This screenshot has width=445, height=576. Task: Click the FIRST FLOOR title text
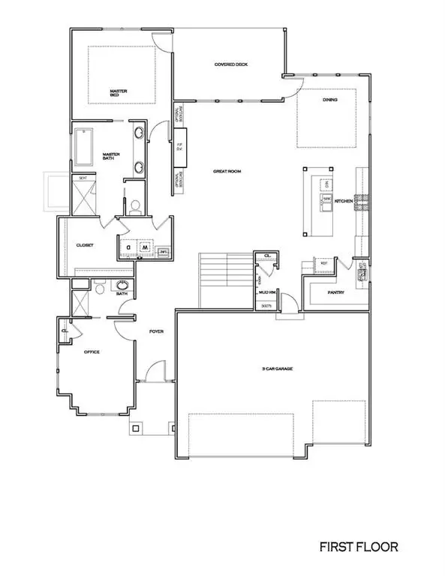(354, 547)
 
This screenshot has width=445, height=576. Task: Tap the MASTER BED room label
(119, 94)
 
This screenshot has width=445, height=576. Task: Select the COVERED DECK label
(230, 64)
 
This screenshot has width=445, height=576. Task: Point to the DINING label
(329, 100)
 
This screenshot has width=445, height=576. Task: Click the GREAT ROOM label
(227, 172)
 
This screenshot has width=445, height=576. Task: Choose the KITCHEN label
(344, 201)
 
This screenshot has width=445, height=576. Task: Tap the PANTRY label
(335, 292)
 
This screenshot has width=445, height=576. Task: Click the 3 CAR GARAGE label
(272, 368)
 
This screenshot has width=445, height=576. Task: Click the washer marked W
(146, 247)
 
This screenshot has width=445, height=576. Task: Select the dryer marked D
(129, 247)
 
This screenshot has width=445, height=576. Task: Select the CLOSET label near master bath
(85, 245)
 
